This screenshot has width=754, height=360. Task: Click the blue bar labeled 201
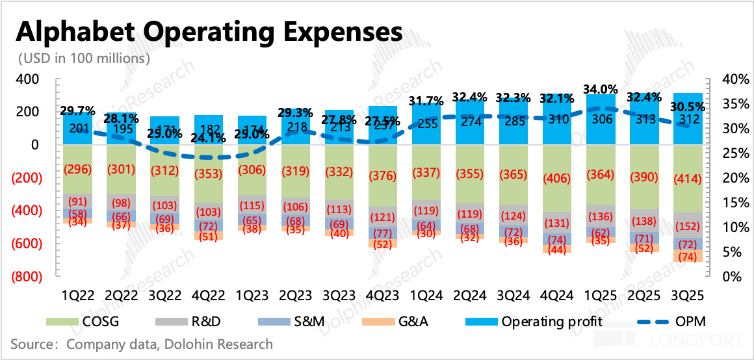[77, 129]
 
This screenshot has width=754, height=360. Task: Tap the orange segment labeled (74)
[688, 257]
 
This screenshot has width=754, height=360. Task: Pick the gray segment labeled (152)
[688, 225]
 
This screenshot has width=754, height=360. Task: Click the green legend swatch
[62, 322]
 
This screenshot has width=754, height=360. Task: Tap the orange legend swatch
[378, 322]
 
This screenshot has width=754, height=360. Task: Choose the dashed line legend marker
[653, 322]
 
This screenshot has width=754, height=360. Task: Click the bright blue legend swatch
[482, 322]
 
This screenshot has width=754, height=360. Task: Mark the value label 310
[558, 119]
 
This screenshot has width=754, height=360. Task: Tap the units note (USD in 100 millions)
[84, 58]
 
